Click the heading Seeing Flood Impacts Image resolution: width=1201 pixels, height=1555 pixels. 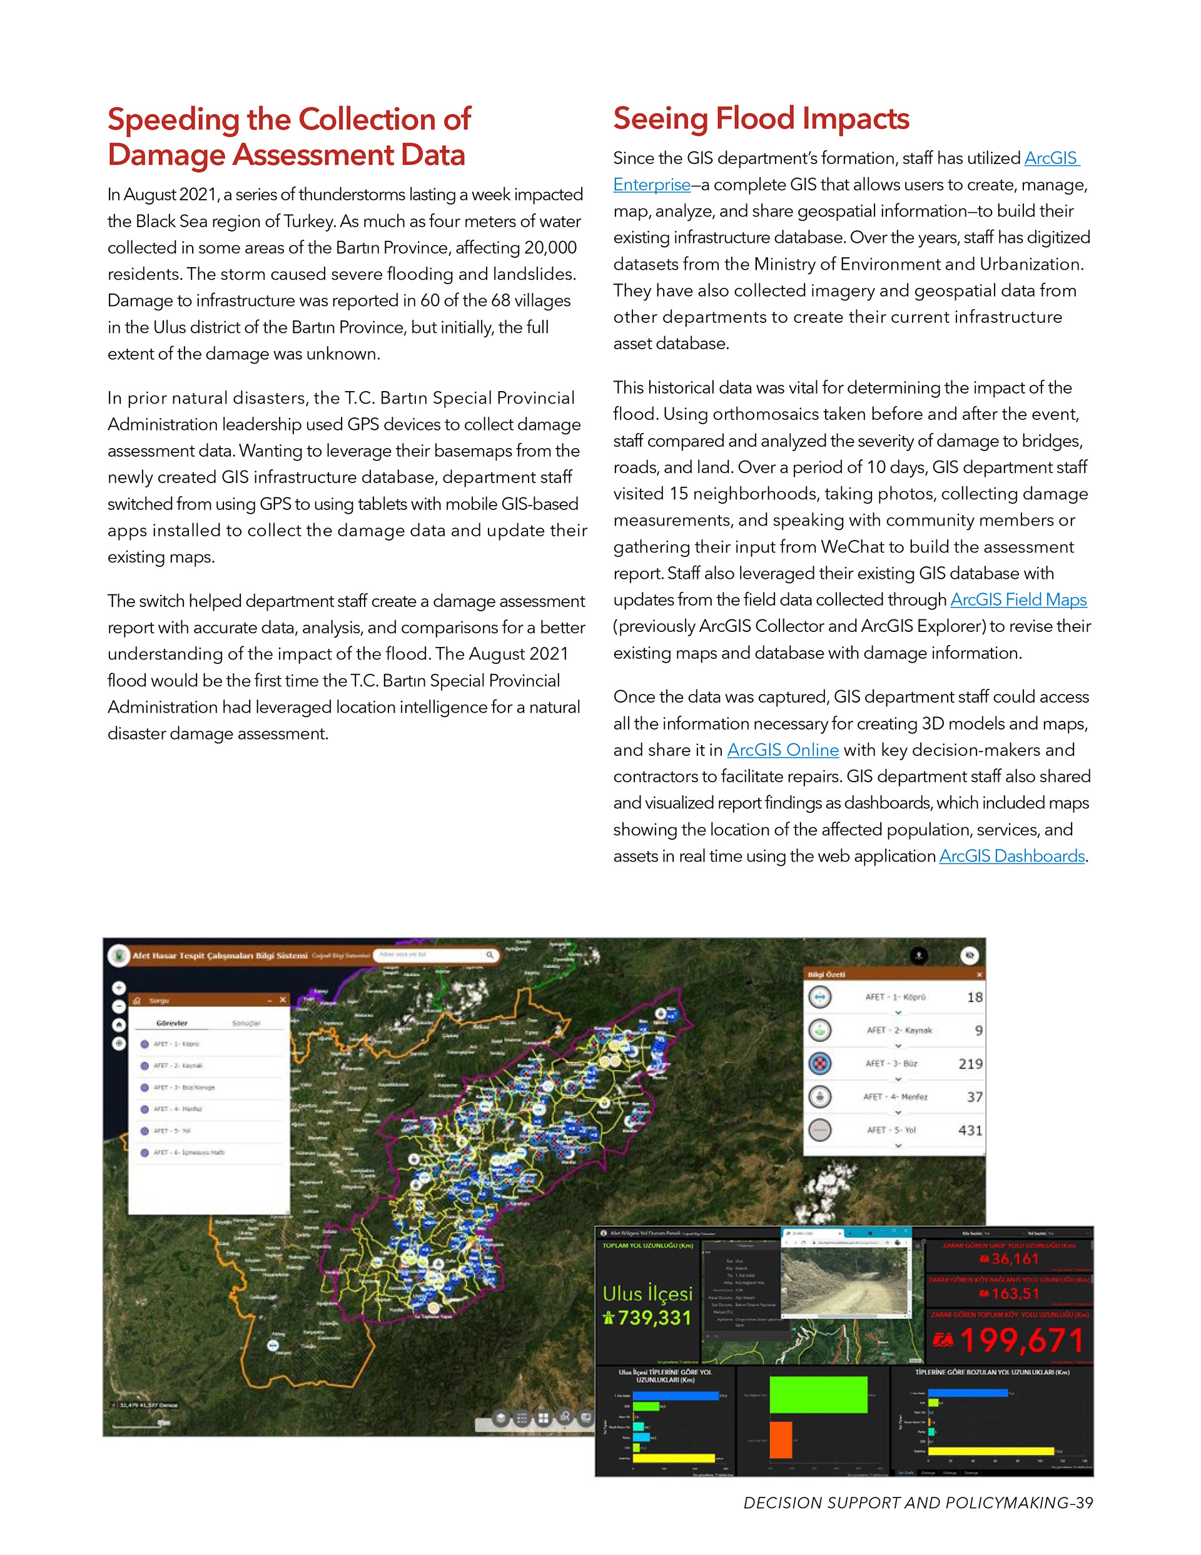[x=761, y=119]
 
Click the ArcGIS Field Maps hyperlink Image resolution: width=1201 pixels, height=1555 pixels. [x=1018, y=600]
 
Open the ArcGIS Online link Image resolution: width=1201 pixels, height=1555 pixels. [x=783, y=750]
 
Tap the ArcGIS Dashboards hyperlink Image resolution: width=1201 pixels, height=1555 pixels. [x=1011, y=857]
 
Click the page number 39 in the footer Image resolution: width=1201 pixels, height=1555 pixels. [x=1084, y=1503]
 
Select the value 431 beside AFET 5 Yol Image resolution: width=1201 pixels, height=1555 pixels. [x=970, y=1131]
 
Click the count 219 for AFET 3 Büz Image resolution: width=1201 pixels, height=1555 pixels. [x=970, y=1064]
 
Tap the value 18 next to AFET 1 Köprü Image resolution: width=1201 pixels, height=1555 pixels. [x=974, y=997]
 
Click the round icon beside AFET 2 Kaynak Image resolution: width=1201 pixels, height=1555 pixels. [x=820, y=1030]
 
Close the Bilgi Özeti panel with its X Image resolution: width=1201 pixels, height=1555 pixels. [x=979, y=975]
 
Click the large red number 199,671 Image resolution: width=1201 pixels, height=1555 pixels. [x=1021, y=1342]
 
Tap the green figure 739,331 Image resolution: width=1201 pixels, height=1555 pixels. [x=654, y=1318]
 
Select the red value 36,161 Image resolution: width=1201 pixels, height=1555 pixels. [x=1015, y=1260]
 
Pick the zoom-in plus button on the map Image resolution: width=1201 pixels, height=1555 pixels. [x=119, y=988]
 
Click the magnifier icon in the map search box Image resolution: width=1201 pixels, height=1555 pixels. [x=490, y=956]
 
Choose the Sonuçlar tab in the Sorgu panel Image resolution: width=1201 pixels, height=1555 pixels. [x=246, y=1024]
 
